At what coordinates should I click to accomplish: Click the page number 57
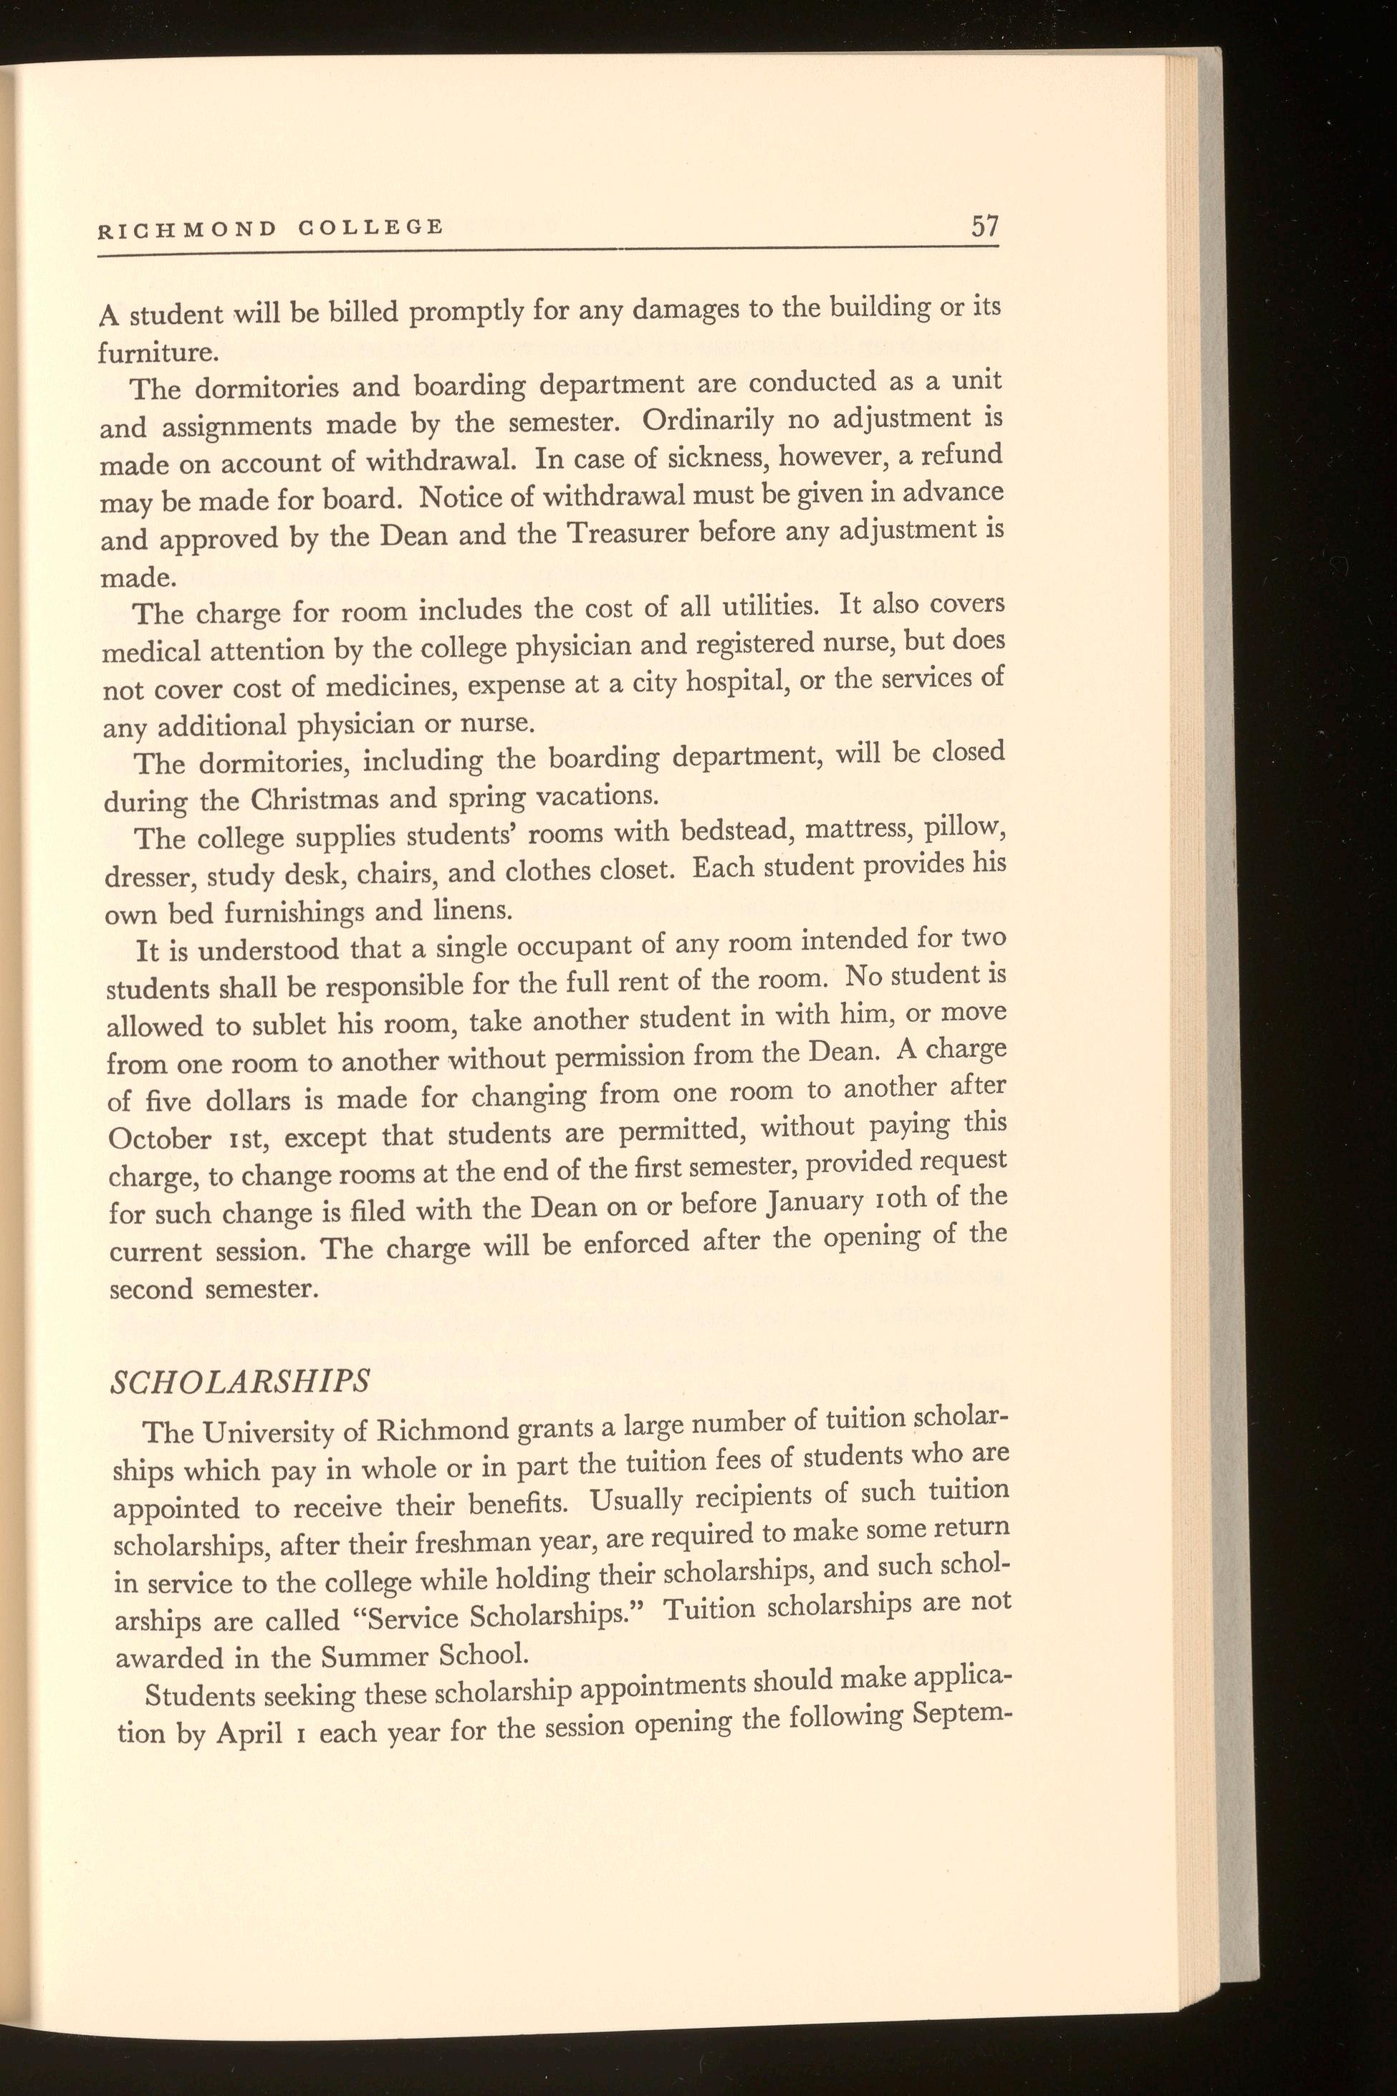click(984, 226)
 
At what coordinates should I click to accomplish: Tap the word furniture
click(157, 353)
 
